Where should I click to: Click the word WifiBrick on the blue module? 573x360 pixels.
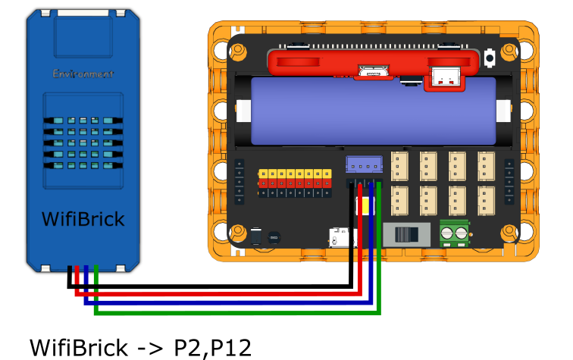[x=83, y=220]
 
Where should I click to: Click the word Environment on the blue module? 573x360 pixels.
[x=83, y=74]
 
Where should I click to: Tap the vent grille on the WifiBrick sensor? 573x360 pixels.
[x=83, y=142]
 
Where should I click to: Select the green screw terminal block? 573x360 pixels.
[x=454, y=233]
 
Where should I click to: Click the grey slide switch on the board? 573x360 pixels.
[x=406, y=234]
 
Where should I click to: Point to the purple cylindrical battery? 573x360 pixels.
[x=373, y=111]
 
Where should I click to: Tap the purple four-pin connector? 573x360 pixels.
[x=364, y=164]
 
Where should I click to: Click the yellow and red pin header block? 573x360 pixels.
[x=295, y=178]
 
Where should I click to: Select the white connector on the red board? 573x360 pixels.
[x=444, y=76]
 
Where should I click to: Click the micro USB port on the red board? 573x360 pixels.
[x=373, y=73]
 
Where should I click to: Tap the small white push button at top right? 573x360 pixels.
[x=490, y=57]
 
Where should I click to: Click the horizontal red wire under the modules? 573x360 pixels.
[x=220, y=293]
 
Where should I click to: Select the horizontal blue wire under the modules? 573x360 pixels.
[x=227, y=302]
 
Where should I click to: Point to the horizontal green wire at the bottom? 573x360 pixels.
[x=235, y=311]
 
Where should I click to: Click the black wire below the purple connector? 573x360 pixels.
[x=351, y=227]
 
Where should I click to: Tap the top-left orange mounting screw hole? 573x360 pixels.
[x=238, y=52]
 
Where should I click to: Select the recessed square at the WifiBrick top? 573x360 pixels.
[x=83, y=36]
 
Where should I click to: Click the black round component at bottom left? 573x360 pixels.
[x=274, y=237]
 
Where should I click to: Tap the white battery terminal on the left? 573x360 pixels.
[x=243, y=111]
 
